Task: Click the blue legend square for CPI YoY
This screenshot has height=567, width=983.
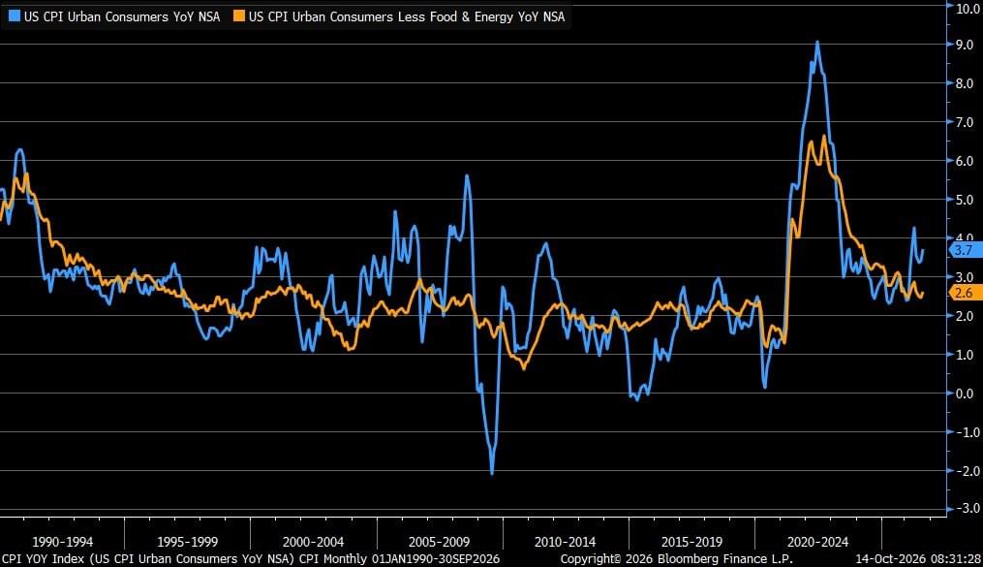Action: [14, 16]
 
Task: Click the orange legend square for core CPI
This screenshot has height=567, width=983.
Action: [239, 16]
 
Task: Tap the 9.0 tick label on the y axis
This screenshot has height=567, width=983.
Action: [965, 45]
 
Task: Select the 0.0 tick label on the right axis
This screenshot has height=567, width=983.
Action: [965, 394]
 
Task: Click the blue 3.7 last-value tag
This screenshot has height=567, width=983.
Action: [965, 250]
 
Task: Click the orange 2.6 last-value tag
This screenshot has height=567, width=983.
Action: [965, 293]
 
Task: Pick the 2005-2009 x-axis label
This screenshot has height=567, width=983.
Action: [439, 542]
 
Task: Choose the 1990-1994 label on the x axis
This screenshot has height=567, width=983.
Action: [62, 542]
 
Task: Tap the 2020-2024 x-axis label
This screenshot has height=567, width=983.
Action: [817, 542]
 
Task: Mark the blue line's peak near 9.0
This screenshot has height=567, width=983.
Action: [816, 42]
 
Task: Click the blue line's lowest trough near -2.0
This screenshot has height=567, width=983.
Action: [492, 473]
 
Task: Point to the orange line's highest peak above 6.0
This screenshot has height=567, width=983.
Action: [824, 136]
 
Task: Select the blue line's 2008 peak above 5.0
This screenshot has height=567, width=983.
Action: [467, 175]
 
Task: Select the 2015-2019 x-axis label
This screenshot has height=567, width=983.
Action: [691, 542]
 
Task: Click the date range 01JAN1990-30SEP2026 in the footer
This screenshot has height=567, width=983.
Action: [436, 559]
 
